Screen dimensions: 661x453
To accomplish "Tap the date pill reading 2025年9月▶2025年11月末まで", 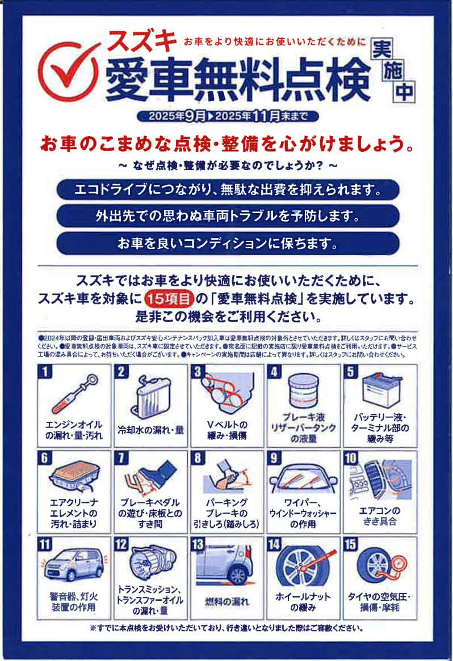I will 227,116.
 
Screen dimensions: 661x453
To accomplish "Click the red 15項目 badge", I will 169,298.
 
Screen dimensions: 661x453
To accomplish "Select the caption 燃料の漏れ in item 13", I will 227,601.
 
